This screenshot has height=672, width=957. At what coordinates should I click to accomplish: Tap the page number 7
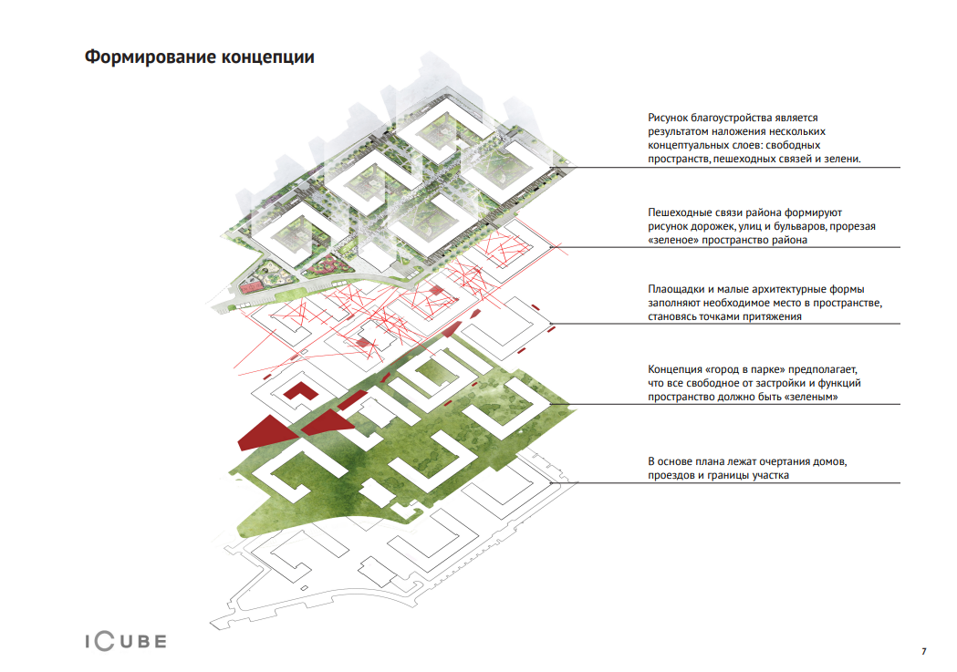923,651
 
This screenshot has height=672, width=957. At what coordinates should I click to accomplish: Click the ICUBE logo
119,641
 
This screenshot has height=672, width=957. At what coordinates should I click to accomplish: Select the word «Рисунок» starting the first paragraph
669,118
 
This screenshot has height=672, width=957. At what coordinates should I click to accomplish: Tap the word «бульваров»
802,226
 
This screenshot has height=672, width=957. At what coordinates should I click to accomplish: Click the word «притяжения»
773,317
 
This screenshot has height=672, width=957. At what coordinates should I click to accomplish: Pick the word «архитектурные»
784,288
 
